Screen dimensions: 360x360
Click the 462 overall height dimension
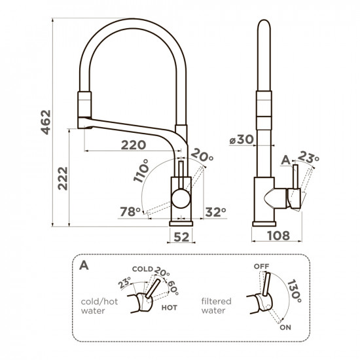pos(46,122)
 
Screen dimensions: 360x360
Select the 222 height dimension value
pos(63,179)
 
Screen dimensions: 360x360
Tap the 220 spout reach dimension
pos(134,145)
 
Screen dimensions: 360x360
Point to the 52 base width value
pos(181,237)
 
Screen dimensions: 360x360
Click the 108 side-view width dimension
pos(278,236)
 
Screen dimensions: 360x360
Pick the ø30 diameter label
pos(242,139)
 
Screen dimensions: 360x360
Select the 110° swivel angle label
pos(141,171)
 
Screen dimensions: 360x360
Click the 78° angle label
pos(130,211)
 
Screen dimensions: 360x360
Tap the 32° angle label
pos(215,212)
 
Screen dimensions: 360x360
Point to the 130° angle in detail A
pos(295,291)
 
